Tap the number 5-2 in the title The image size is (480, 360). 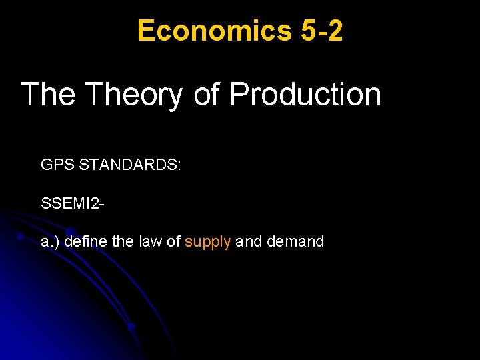(322, 31)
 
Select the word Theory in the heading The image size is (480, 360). (133, 95)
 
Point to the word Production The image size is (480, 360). (305, 95)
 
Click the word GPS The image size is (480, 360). (57, 164)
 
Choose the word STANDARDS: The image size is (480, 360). (129, 164)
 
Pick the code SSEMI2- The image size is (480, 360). (72, 203)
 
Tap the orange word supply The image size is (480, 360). (208, 242)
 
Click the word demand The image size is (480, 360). (295, 241)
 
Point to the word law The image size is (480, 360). (150, 241)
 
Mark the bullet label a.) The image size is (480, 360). (50, 242)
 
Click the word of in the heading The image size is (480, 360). (207, 95)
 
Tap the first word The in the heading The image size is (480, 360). (49, 95)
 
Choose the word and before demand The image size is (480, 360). (249, 241)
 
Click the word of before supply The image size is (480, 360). (173, 241)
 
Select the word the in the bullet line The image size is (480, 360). (123, 241)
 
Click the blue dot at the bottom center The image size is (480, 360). (132, 327)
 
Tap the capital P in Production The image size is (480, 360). (239, 95)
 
